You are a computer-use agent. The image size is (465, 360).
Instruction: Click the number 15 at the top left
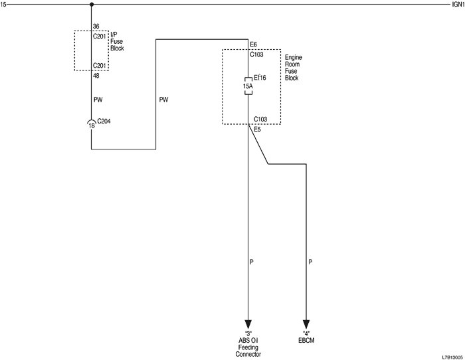(4, 5)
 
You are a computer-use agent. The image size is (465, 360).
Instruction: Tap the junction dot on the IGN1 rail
(91, 5)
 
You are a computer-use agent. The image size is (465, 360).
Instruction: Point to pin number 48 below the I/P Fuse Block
(96, 75)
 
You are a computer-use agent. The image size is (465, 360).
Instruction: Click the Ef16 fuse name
(260, 78)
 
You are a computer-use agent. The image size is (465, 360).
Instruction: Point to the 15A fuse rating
(248, 86)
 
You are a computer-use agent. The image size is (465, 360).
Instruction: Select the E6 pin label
(254, 45)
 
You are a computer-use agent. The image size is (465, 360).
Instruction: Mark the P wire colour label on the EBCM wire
(310, 262)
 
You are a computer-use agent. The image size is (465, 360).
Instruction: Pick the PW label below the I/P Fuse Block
(98, 100)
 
